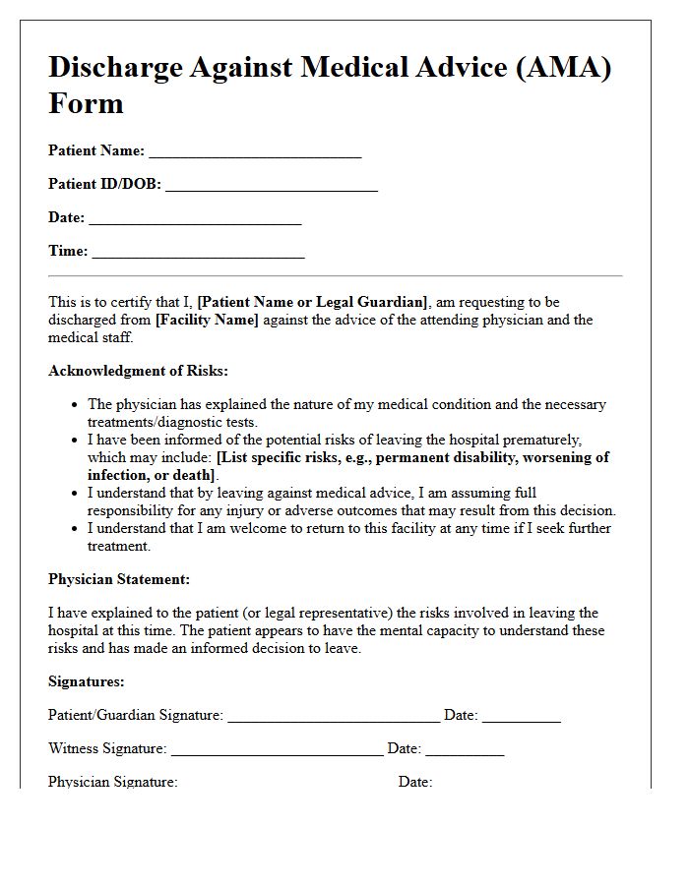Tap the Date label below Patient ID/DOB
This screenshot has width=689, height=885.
click(66, 217)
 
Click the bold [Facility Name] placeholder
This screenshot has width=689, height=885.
click(207, 320)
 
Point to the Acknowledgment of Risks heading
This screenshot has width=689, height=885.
click(138, 371)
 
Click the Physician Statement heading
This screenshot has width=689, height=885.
click(119, 579)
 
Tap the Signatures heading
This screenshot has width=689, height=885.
click(87, 681)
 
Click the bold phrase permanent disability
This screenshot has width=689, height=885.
click(447, 457)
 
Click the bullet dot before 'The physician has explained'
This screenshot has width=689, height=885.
click(75, 404)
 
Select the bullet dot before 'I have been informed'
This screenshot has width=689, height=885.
click(75, 440)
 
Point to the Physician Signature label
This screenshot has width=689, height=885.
click(113, 782)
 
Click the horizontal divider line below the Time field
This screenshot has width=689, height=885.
click(335, 276)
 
